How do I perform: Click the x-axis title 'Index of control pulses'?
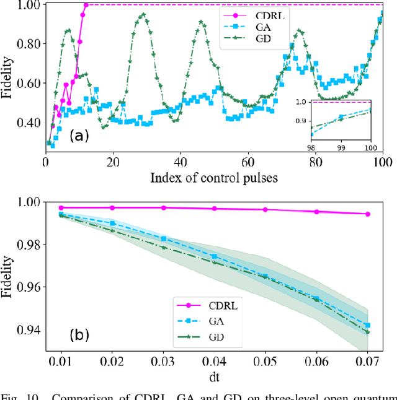[x=213, y=178]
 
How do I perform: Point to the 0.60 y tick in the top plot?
[x=29, y=84]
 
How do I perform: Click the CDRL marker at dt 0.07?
[x=367, y=214]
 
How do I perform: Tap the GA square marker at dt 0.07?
[x=367, y=325]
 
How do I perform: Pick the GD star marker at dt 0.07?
[x=367, y=332]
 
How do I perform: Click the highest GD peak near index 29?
[x=144, y=14]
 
